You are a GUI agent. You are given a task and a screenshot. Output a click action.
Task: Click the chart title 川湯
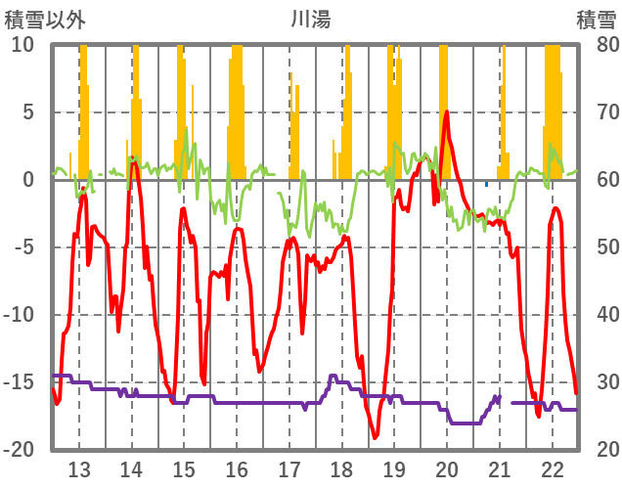(310, 20)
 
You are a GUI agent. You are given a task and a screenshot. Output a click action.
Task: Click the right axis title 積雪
(596, 20)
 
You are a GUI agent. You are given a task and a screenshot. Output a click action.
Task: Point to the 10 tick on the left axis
(22, 45)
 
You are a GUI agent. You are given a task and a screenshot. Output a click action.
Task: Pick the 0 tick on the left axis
(28, 180)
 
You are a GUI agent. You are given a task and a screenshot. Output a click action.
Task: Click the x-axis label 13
(79, 468)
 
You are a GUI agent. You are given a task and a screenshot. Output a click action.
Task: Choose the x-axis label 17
(289, 468)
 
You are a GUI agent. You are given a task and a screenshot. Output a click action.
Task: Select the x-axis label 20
(447, 468)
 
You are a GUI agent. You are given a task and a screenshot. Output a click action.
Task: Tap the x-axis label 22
(553, 468)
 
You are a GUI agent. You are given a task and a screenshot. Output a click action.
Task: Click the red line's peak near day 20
(447, 111)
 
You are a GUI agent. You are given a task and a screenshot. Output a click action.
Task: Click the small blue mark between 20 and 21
(486, 184)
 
